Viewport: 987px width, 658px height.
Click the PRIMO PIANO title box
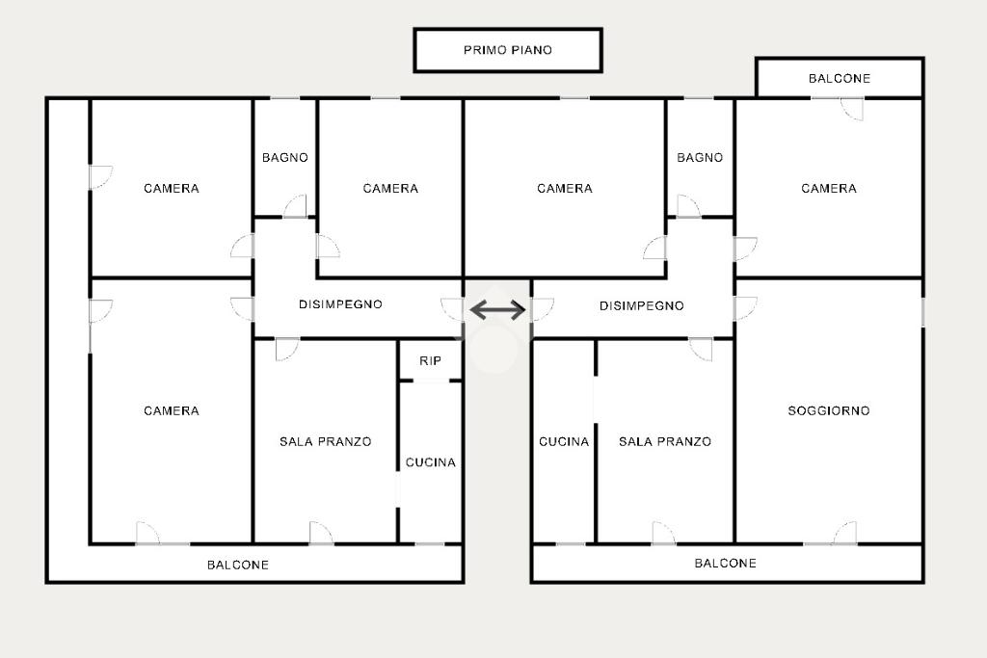click(x=508, y=50)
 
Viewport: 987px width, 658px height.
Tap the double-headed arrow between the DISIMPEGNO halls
click(x=497, y=309)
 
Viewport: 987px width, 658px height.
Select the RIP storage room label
click(x=430, y=361)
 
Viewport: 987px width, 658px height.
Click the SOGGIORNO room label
click(x=829, y=410)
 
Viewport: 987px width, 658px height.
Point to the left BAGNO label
click(x=285, y=157)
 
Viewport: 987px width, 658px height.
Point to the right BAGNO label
click(x=700, y=157)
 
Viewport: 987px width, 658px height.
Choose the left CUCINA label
click(x=430, y=462)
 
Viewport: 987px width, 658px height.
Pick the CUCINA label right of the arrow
click(x=564, y=441)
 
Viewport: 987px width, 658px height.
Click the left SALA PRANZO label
click(x=326, y=441)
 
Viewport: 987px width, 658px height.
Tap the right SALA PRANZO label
click(x=665, y=441)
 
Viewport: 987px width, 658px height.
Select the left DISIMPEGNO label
click(x=340, y=304)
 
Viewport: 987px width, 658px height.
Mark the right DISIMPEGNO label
click(x=642, y=305)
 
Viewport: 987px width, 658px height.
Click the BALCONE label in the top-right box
click(x=840, y=78)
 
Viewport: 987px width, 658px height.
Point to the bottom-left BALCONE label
click(x=238, y=565)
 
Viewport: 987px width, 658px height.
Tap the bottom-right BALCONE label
click(x=726, y=563)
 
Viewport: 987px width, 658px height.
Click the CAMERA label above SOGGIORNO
click(x=829, y=188)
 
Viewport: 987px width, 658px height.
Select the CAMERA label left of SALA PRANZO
click(x=172, y=410)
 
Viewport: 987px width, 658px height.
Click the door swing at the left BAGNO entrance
click(x=296, y=206)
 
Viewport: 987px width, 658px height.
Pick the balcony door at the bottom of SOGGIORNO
click(x=844, y=534)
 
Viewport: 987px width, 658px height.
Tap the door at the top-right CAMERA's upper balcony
click(x=851, y=109)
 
